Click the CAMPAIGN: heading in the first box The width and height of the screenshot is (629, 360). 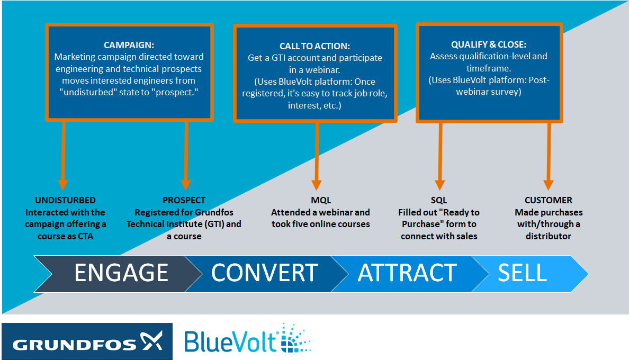(x=129, y=46)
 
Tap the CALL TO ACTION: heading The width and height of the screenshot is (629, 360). (x=315, y=47)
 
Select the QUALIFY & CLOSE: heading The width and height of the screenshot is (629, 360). (x=489, y=44)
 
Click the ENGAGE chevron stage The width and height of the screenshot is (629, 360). (x=116, y=273)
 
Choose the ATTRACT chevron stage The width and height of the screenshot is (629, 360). (x=407, y=273)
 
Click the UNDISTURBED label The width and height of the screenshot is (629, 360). (x=65, y=200)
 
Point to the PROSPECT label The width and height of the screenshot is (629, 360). (x=184, y=200)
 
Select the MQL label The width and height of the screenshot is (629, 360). (x=321, y=200)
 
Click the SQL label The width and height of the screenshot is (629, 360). (x=439, y=200)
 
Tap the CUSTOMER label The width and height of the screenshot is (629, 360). (x=549, y=200)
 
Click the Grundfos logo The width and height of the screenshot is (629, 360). (x=87, y=341)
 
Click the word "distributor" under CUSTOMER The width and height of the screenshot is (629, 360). (x=549, y=236)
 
